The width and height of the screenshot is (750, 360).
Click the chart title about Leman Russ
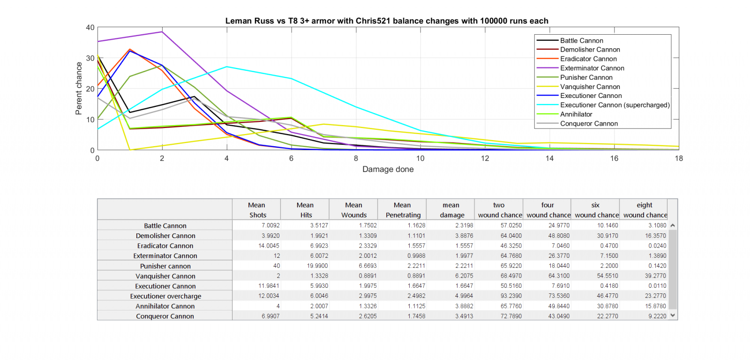pyautogui.click(x=386, y=21)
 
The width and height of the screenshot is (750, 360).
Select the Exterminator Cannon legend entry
pyautogui.click(x=592, y=68)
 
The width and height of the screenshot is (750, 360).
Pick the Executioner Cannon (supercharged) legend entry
pyautogui.click(x=615, y=105)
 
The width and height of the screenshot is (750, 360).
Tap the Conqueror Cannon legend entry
pyautogui.click(x=589, y=124)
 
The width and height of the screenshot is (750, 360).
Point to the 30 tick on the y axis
pyautogui.click(x=90, y=58)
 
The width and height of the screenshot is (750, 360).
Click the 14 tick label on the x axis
pyautogui.click(x=549, y=158)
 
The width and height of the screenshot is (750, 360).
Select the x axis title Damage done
pyautogui.click(x=388, y=169)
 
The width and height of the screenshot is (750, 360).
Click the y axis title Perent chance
pyautogui.click(x=79, y=89)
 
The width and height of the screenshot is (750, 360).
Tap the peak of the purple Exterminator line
pyautogui.click(x=162, y=32)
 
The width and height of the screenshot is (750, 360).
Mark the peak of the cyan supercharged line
pyautogui.click(x=227, y=67)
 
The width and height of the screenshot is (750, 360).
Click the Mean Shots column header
pyautogui.click(x=257, y=210)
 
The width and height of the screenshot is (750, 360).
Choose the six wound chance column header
pyautogui.click(x=595, y=210)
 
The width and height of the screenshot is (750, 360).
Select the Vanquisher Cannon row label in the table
pyautogui.click(x=165, y=276)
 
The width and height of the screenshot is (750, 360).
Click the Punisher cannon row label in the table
pyautogui.click(x=165, y=266)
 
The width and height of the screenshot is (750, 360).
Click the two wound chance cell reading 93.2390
pyautogui.click(x=510, y=296)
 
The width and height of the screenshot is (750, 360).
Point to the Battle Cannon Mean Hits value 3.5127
pyautogui.click(x=319, y=225)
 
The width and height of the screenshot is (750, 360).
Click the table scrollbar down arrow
pyautogui.click(x=673, y=315)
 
